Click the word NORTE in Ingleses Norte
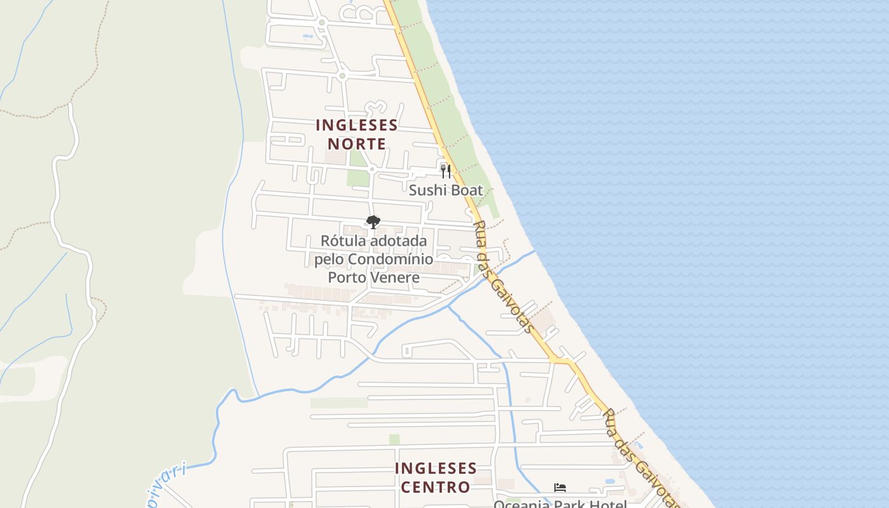[x=357, y=144]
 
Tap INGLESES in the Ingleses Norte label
[x=357, y=125]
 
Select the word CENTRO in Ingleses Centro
[x=436, y=487]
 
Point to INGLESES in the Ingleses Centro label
[x=436, y=469]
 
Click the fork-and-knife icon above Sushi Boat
[x=446, y=171]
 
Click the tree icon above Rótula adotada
[x=373, y=222]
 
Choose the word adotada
[x=401, y=241]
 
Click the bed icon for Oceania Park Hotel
[x=559, y=488]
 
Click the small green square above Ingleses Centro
[x=394, y=439]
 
